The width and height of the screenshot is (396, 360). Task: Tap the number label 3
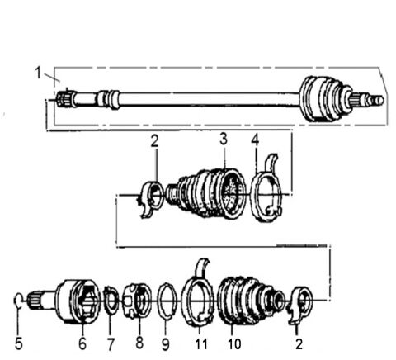point(222,140)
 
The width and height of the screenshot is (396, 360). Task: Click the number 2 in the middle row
point(154,141)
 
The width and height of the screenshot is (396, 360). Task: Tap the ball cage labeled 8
point(137,299)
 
